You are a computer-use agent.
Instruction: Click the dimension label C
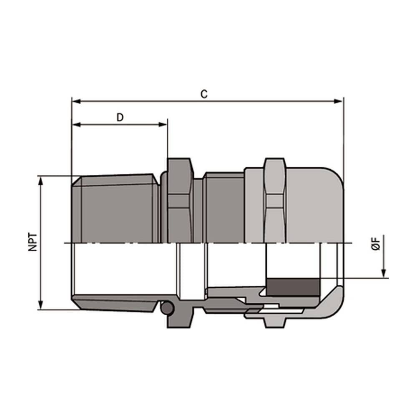click(x=203, y=94)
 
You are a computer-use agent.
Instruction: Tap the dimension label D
click(x=120, y=117)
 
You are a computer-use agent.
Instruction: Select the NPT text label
click(x=33, y=242)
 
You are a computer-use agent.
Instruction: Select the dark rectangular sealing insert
click(x=292, y=287)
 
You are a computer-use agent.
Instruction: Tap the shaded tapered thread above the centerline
click(x=117, y=208)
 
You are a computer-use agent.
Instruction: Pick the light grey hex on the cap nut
click(x=275, y=200)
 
